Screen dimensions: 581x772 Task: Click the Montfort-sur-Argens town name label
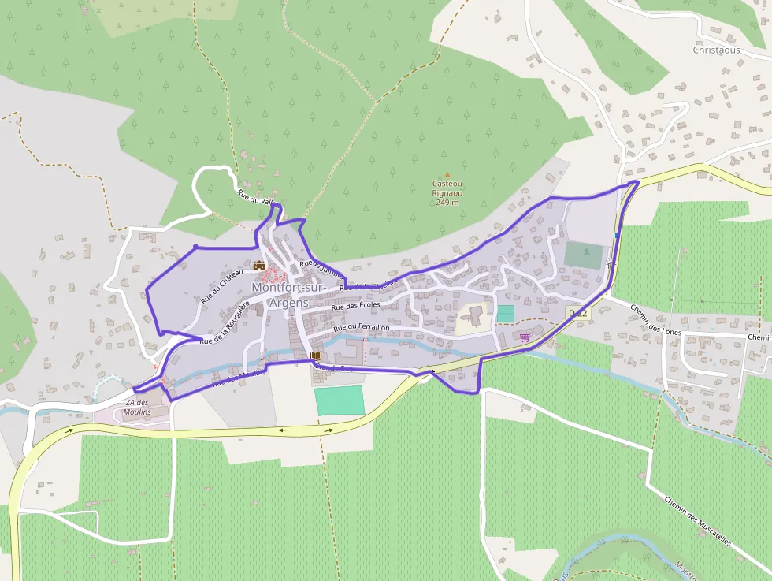pos(288,295)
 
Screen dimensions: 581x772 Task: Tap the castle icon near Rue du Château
pos(258,266)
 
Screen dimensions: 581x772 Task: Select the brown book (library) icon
pos(316,357)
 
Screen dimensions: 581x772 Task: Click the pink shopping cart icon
pos(525,337)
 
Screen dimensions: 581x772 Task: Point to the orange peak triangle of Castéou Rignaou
pos(447,175)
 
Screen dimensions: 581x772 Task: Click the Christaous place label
pos(716,50)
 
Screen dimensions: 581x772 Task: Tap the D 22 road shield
pos(577,314)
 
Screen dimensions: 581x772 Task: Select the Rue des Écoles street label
pos(356,305)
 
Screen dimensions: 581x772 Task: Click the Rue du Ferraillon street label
pos(362,327)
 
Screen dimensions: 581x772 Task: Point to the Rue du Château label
pos(221,286)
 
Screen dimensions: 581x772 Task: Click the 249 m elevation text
pos(447,203)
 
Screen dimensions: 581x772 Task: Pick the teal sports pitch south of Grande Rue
pos(340,400)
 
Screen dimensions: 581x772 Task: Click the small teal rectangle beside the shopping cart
pos(505,313)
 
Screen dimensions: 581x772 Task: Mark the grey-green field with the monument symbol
pos(583,255)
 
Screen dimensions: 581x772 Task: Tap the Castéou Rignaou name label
pos(447,188)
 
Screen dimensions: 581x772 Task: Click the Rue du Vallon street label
pos(256,198)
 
